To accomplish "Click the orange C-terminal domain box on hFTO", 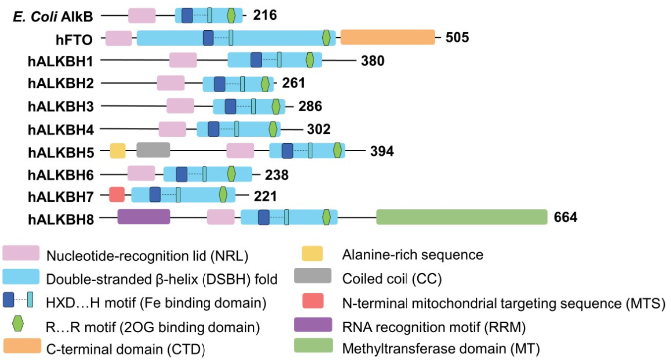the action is pyautogui.click(x=388, y=37).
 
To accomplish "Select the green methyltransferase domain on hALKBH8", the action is pyautogui.click(x=461, y=217).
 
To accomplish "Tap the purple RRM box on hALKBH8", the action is pyautogui.click(x=144, y=216).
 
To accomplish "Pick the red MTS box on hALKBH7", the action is pyautogui.click(x=117, y=194).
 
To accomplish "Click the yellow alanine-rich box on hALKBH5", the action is pyautogui.click(x=118, y=151).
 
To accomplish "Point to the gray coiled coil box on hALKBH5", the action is pyautogui.click(x=153, y=150).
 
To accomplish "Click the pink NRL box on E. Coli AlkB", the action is pyautogui.click(x=142, y=15).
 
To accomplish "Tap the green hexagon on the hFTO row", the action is pyautogui.click(x=326, y=38).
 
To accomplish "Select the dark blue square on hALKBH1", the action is pyautogui.click(x=256, y=60).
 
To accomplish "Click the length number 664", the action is pyautogui.click(x=565, y=217).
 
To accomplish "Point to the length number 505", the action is pyautogui.click(x=457, y=38).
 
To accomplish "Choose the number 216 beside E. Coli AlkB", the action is pyautogui.click(x=265, y=15).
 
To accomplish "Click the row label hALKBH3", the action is pyautogui.click(x=61, y=107).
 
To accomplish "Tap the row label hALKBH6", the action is pyautogui.click(x=61, y=175).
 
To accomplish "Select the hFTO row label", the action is pyautogui.click(x=74, y=40).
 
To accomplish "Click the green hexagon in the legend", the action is pyautogui.click(x=18, y=324).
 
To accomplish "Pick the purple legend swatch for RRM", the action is pyautogui.click(x=313, y=325).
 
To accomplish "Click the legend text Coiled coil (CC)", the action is pyautogui.click(x=392, y=279).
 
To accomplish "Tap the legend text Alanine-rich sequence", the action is pyautogui.click(x=413, y=255).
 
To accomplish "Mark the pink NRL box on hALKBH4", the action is pyautogui.click(x=172, y=129).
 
